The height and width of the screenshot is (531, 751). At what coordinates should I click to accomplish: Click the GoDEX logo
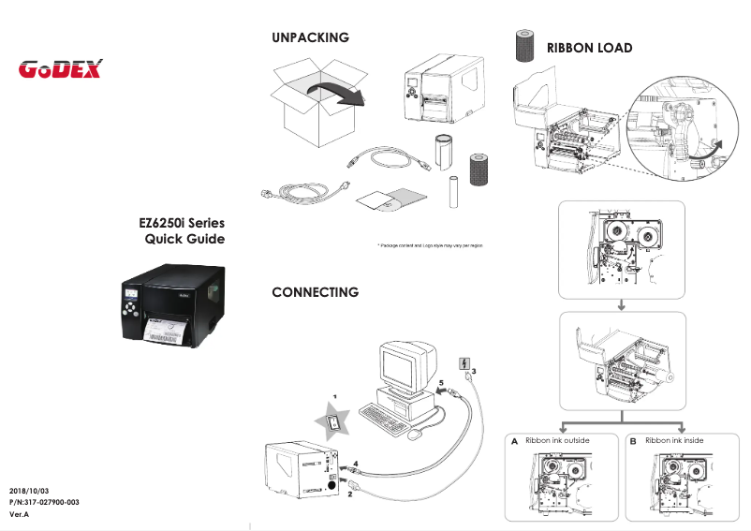tap(61, 69)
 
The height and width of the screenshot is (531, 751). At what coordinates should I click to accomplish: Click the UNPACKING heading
tap(310, 37)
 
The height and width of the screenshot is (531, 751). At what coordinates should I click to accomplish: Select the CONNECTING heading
tap(315, 292)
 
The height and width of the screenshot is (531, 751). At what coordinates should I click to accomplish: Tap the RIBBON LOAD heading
tap(589, 48)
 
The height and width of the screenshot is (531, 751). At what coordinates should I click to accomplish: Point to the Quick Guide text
tap(184, 240)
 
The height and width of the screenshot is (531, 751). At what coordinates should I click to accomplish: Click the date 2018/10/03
tap(28, 491)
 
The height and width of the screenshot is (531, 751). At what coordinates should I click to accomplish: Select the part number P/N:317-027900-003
tap(44, 503)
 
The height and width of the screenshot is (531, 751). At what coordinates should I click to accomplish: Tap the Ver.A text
tap(20, 515)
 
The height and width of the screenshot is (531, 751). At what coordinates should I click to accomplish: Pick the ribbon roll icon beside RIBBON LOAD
tap(523, 47)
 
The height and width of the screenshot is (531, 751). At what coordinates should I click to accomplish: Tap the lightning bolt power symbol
tap(462, 363)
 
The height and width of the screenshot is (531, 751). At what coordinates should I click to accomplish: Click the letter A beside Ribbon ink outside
tap(514, 441)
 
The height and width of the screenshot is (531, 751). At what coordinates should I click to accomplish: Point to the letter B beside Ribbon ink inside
tap(633, 441)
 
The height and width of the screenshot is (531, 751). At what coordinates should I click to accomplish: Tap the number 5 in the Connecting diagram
tap(441, 383)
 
